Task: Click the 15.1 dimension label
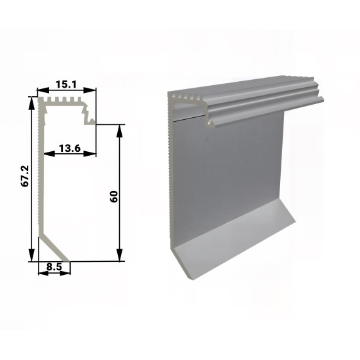tap(66, 84)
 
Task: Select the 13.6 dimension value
tap(70, 149)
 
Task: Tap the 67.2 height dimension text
tap(25, 176)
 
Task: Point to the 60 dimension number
tap(114, 196)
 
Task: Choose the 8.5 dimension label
tap(54, 267)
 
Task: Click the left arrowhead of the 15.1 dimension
tap(43, 90)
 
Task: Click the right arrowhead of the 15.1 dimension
tap(90, 90)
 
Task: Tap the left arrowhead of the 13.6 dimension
tap(49, 154)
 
